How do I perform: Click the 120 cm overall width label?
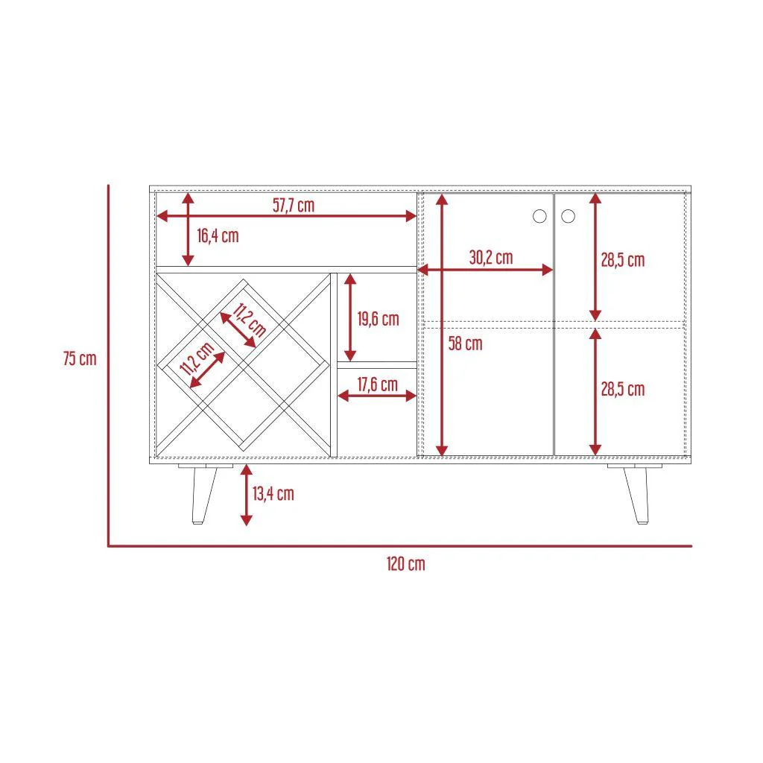coord(406,564)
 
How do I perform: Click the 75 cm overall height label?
coord(80,358)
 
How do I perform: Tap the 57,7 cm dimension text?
coord(294,206)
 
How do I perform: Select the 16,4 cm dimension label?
coord(218,236)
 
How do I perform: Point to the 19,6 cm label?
coord(378,319)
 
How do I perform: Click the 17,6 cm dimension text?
coord(378,384)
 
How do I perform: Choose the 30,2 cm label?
coord(491,257)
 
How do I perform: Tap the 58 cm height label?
coord(465,343)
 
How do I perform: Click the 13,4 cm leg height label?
coord(273,493)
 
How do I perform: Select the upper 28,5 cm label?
coord(623,260)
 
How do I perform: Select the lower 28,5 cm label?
coord(623,389)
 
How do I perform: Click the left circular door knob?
coord(539,216)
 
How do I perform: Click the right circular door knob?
coord(568,216)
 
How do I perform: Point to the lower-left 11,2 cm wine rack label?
coord(197,358)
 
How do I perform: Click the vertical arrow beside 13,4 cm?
coord(247,495)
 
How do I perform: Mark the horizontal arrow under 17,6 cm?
coord(377,396)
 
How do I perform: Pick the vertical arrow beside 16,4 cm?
coord(189,229)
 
